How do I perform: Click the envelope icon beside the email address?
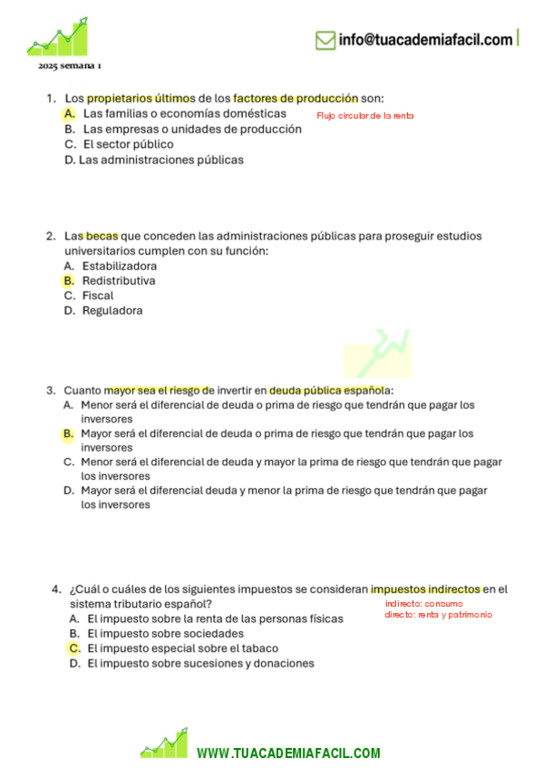point(325,40)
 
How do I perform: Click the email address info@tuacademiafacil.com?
point(425,40)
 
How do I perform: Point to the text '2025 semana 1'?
point(70,68)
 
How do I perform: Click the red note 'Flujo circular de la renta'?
point(364,116)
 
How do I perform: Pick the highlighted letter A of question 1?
point(70,114)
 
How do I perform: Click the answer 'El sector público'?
point(128,144)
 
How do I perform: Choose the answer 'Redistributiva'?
point(118,281)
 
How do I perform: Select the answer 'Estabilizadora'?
point(119,267)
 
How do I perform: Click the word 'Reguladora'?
point(112,310)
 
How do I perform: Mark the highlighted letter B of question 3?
point(69,434)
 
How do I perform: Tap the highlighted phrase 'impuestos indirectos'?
point(425,589)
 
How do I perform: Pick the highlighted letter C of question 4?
point(75,648)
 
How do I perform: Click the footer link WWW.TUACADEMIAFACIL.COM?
point(287,754)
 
